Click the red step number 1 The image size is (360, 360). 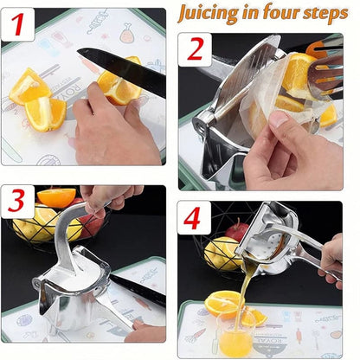tap(17, 24)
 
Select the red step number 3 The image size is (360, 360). tap(16, 201)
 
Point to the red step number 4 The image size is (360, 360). tap(192, 218)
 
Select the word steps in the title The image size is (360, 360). tap(325, 14)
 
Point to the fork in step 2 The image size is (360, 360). tap(325, 75)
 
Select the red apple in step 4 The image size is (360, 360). tap(236, 229)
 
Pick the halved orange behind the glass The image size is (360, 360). tap(221, 303)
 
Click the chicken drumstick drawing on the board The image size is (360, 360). tap(128, 33)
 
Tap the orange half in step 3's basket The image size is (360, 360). tap(56, 197)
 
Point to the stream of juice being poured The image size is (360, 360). tap(242, 292)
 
